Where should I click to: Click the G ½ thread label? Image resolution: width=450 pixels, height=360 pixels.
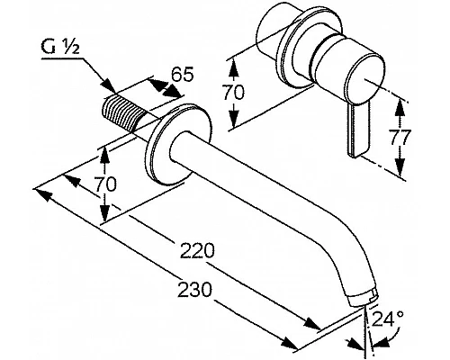60,49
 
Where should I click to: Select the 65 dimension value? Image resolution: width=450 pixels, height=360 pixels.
183,75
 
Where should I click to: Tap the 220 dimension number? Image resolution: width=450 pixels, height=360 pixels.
197,250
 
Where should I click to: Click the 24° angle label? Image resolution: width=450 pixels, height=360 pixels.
388,319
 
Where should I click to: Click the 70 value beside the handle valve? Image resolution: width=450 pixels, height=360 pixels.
233,92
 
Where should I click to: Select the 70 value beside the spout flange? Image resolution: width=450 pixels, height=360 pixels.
104,184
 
